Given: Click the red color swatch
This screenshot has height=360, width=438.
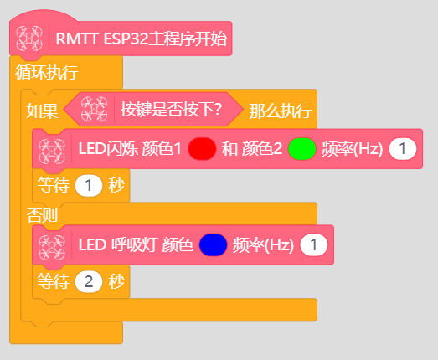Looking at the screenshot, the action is coord(202,148).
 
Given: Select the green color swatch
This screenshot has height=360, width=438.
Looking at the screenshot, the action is coord(302,148).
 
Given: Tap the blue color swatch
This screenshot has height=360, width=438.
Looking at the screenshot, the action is coord(213,245).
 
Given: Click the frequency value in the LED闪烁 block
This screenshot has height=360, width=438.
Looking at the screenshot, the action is coord(403,148).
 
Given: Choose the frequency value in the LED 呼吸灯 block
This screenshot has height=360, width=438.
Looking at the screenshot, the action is coord(314,245).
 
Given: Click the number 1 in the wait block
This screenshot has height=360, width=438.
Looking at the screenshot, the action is coord(89,185).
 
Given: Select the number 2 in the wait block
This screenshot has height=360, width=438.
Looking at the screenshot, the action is coord(89,281).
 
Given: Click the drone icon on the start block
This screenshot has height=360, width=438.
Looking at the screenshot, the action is coord(29,39).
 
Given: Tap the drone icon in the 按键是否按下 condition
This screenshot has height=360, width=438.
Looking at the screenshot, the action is coord(94,109).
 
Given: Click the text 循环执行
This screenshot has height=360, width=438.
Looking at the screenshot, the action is coord(47,72).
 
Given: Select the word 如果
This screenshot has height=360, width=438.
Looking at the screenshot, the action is coord(42,111).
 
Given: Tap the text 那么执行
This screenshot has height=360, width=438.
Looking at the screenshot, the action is coord(281,111).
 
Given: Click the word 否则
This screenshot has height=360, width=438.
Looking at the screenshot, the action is coord(42,215).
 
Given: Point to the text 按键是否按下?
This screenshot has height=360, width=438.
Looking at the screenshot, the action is coord(171,109).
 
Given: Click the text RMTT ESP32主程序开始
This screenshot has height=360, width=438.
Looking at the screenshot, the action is coord(142,39).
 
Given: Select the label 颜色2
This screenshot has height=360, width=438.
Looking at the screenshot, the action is coord(262,148).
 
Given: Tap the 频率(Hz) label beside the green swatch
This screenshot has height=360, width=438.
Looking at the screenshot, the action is coord(352,148).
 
